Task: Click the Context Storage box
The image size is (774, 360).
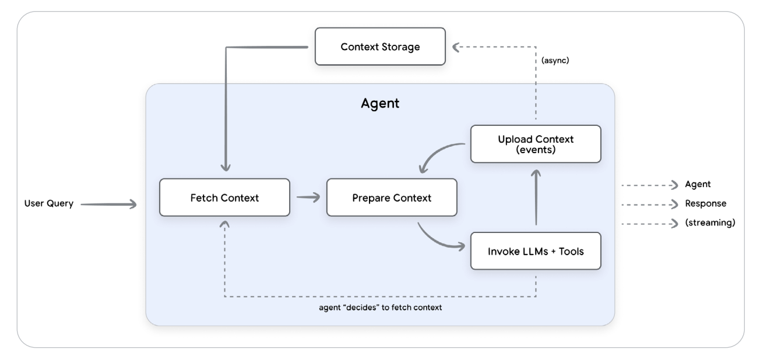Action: (380, 47)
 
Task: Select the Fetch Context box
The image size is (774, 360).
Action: (224, 197)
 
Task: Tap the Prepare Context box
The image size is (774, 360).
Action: (392, 197)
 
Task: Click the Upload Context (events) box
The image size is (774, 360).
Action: (536, 144)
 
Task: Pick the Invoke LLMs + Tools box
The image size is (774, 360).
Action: (536, 251)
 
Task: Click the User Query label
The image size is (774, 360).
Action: (49, 203)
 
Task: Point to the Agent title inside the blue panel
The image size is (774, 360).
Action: (380, 104)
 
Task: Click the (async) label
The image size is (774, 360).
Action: (555, 60)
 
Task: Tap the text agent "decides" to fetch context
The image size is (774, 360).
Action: (377, 307)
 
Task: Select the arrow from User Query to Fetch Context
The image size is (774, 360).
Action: (108, 204)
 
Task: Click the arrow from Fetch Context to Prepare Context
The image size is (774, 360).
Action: (308, 197)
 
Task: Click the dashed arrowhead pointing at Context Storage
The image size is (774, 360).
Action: (457, 46)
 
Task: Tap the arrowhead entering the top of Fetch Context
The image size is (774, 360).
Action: (224, 166)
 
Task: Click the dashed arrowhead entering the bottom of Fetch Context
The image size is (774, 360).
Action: (224, 224)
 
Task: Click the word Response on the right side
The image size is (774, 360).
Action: (705, 203)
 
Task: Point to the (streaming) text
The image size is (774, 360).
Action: (710, 223)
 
